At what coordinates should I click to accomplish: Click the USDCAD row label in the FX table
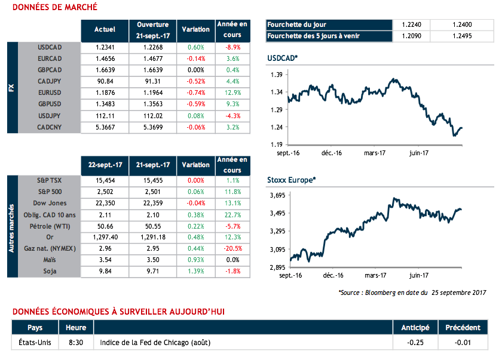tap(50, 47)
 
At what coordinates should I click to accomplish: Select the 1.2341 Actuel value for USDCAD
tap(105, 47)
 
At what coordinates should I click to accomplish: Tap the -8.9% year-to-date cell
tap(232, 47)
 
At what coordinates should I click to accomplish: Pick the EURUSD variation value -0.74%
tap(196, 93)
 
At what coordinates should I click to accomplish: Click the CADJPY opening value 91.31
tap(153, 81)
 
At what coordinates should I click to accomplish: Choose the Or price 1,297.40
tap(105, 237)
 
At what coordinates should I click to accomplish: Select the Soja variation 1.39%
tap(196, 272)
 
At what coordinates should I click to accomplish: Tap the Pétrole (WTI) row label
tap(48, 226)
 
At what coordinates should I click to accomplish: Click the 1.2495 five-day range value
tap(463, 36)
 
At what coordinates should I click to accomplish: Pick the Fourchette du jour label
tap(296, 24)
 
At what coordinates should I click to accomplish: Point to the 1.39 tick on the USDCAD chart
tap(276, 75)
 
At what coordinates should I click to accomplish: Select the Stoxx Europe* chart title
tap(291, 179)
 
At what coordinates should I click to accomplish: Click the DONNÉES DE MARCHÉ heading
tap(54, 8)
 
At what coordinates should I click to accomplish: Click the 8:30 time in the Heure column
tap(76, 343)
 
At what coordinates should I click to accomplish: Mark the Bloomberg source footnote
tap(413, 293)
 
